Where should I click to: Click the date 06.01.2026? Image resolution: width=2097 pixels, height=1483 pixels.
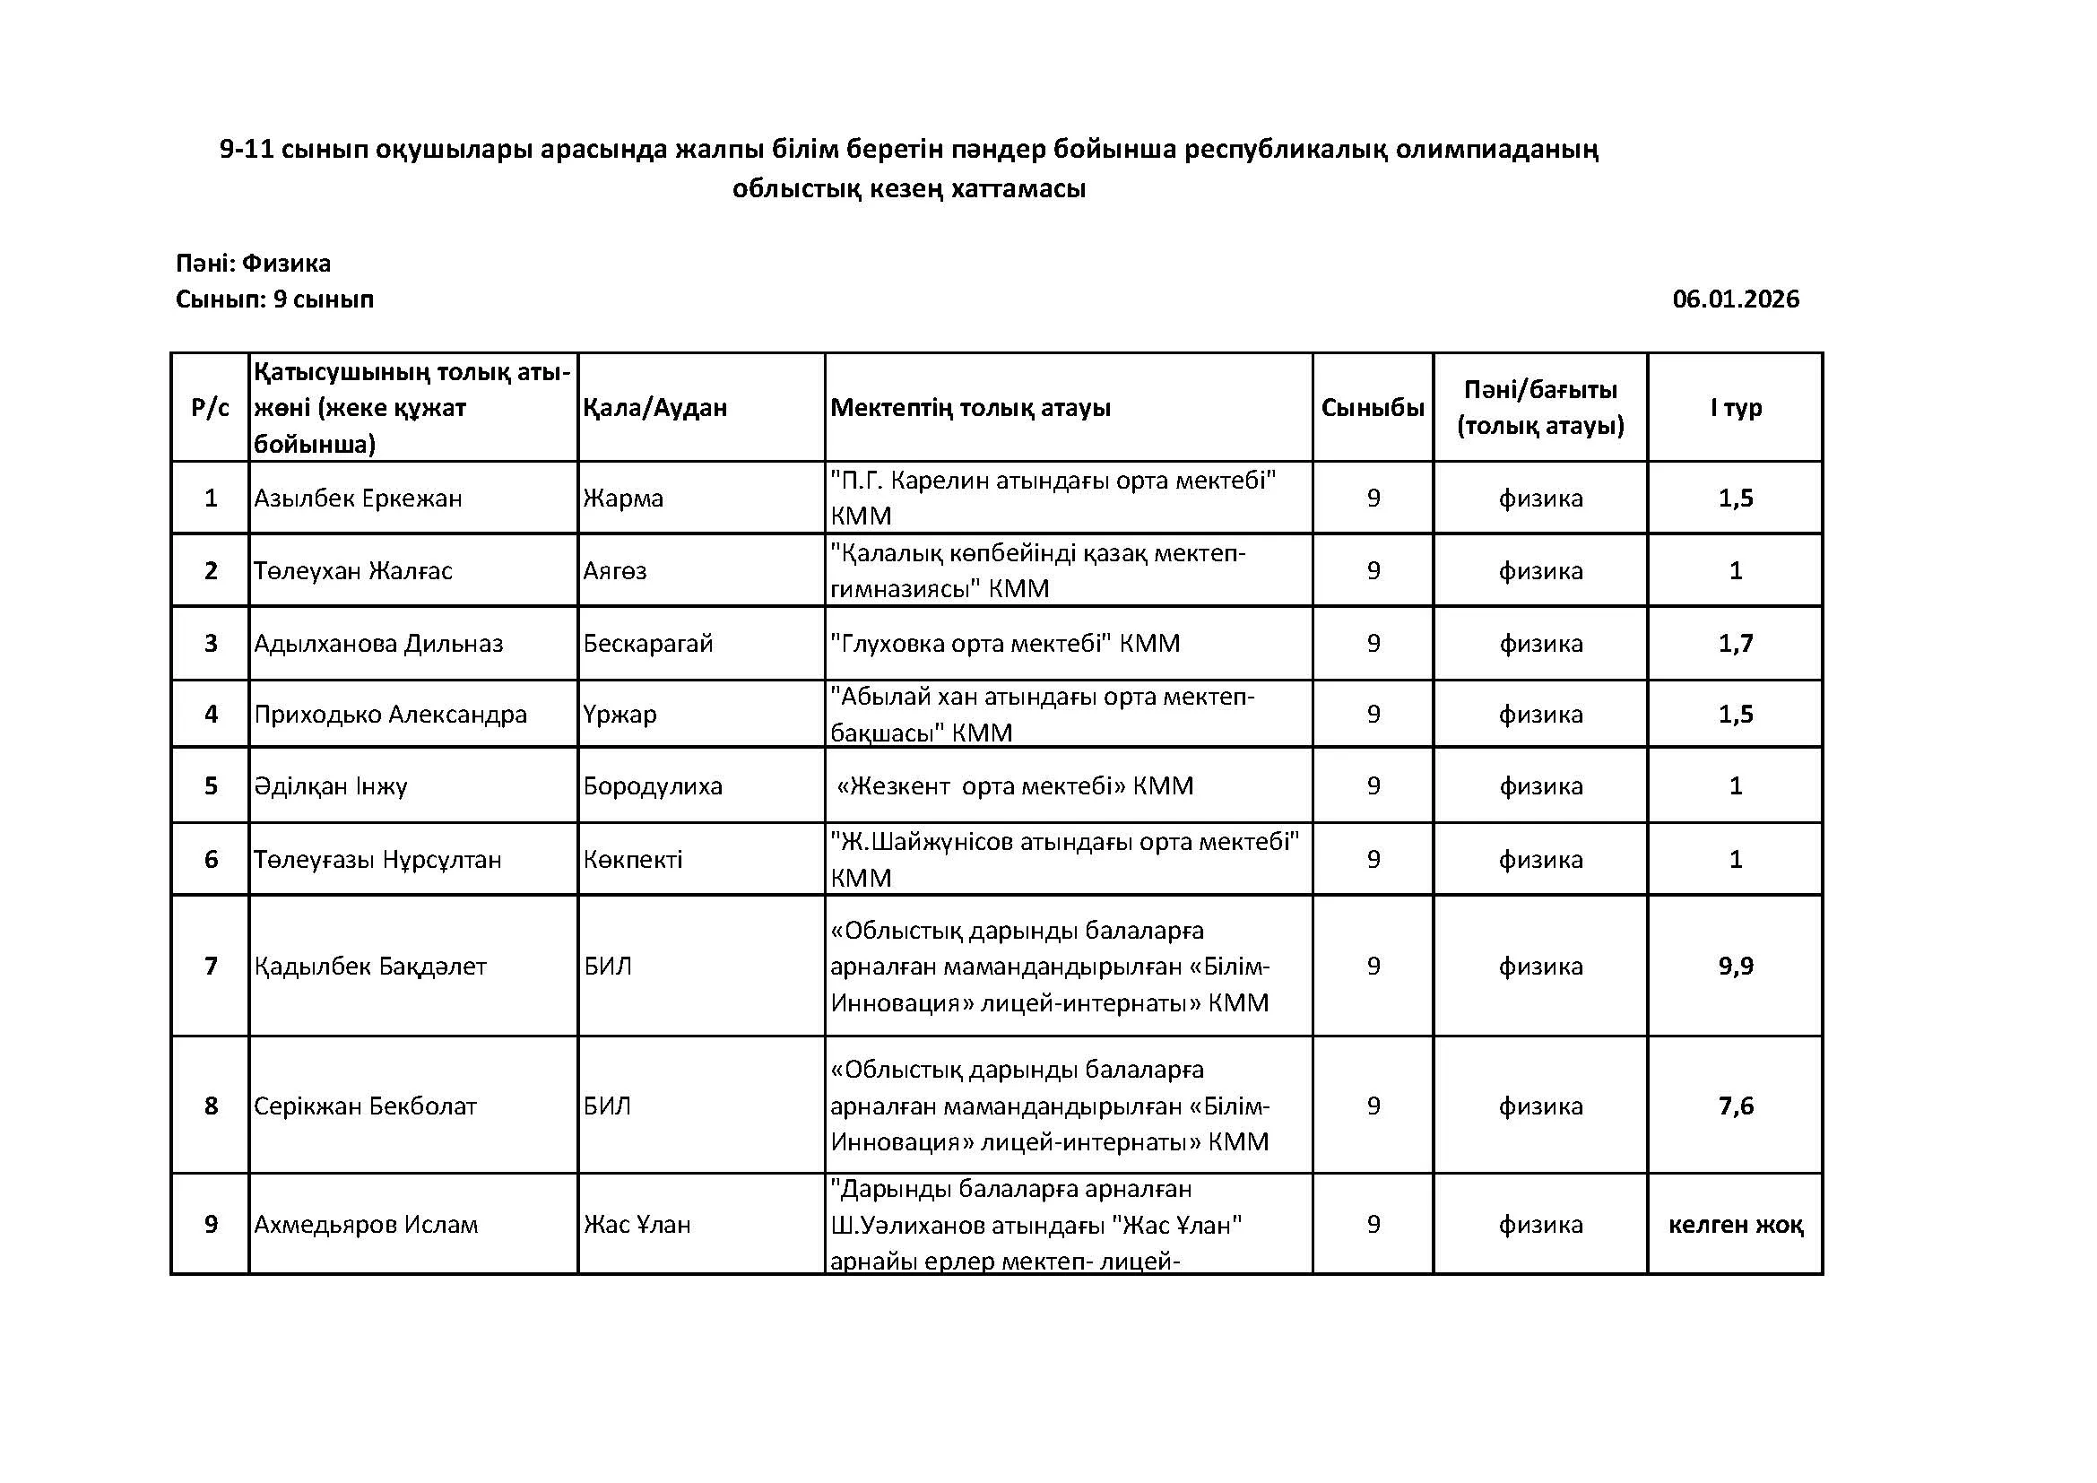[1736, 299]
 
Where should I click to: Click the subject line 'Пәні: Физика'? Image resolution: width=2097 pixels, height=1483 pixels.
[253, 264]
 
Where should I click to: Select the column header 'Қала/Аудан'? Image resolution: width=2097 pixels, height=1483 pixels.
[654, 407]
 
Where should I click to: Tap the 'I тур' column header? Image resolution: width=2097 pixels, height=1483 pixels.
[1736, 407]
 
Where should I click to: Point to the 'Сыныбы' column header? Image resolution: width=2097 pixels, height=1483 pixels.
[1372, 407]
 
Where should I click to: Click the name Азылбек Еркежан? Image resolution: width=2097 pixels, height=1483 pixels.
[358, 499]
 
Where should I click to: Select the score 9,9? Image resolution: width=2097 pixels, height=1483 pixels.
[1736, 967]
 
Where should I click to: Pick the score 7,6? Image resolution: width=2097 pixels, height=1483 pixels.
[1736, 1106]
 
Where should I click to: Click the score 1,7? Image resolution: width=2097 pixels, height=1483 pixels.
[1736, 644]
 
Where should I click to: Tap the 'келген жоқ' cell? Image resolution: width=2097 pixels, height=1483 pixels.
[1736, 1225]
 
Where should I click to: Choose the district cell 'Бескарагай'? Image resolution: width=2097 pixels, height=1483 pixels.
[647, 644]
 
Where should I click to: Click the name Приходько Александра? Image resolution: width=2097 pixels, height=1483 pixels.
[390, 714]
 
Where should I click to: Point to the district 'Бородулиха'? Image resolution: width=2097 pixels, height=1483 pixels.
[652, 786]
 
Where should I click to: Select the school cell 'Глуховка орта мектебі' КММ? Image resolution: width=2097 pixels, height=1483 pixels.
[1005, 644]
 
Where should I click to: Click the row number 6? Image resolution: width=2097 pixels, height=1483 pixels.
[211, 859]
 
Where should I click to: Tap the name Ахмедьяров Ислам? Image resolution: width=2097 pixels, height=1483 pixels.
[365, 1225]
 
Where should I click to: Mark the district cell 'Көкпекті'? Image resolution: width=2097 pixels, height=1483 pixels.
[632, 859]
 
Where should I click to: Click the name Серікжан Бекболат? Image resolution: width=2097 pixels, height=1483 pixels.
[365, 1106]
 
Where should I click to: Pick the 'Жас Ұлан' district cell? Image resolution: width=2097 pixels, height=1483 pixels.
[637, 1225]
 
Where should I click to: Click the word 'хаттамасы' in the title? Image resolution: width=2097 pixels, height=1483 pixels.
[1018, 189]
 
